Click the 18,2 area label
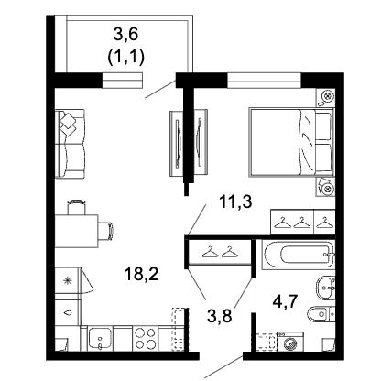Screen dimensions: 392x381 141,274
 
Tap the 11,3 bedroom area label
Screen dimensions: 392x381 235,201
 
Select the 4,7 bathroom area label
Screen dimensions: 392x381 284,302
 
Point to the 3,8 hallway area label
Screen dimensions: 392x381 219,316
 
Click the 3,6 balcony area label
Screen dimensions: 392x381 125,34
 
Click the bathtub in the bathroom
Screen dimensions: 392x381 299,255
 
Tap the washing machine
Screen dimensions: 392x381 290,342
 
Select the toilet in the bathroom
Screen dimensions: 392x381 321,314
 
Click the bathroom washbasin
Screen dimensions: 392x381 325,288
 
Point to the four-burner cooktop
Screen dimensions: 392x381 146,338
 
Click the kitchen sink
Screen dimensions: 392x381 100,339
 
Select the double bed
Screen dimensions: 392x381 290,142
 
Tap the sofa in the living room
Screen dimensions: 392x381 70,144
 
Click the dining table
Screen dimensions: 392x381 76,231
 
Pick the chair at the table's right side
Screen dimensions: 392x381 106,231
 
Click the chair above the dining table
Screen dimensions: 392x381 76,207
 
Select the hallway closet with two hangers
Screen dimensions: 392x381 220,252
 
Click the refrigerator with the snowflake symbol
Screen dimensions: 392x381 68,280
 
